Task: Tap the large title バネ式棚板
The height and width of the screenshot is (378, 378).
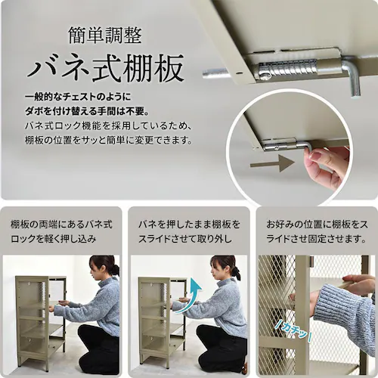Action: (x=106, y=68)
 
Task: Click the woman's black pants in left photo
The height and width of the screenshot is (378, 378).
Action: (x=98, y=349)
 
